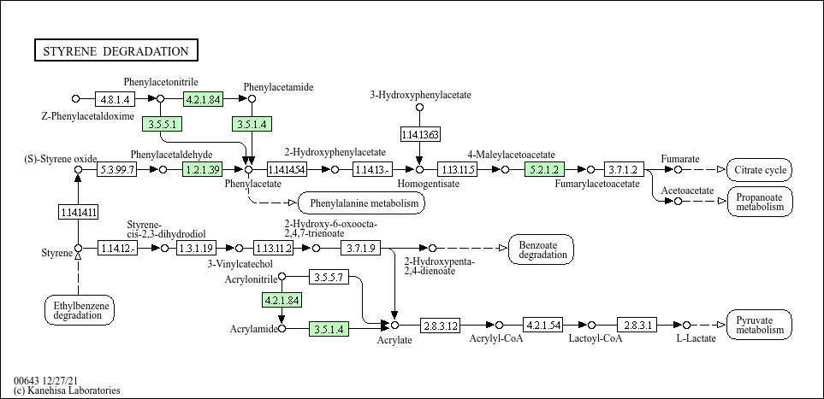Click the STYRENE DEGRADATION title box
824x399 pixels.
[x=116, y=51]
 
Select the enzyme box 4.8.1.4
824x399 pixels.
[x=116, y=99]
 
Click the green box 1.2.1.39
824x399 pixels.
[x=202, y=169]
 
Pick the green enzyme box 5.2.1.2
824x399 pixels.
[x=544, y=169]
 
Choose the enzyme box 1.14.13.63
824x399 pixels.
[x=420, y=135]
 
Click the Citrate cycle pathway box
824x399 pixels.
[x=760, y=169]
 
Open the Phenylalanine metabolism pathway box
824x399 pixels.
[x=362, y=203]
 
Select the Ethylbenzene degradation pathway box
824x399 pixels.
[x=79, y=310]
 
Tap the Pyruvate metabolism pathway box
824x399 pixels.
[x=760, y=325]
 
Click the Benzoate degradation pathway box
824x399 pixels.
[x=542, y=249]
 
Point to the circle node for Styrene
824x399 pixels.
[x=79, y=248]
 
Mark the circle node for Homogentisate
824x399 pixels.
[x=419, y=169]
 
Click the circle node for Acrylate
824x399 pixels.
[x=395, y=326]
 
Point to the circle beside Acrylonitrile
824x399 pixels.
[x=282, y=276]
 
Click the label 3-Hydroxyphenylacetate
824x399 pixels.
[x=420, y=95]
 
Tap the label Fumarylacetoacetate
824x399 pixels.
[x=597, y=184]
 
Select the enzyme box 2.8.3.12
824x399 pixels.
[x=440, y=326]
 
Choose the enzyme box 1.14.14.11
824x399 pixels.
[x=79, y=212]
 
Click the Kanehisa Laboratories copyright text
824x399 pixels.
[x=67, y=390]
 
